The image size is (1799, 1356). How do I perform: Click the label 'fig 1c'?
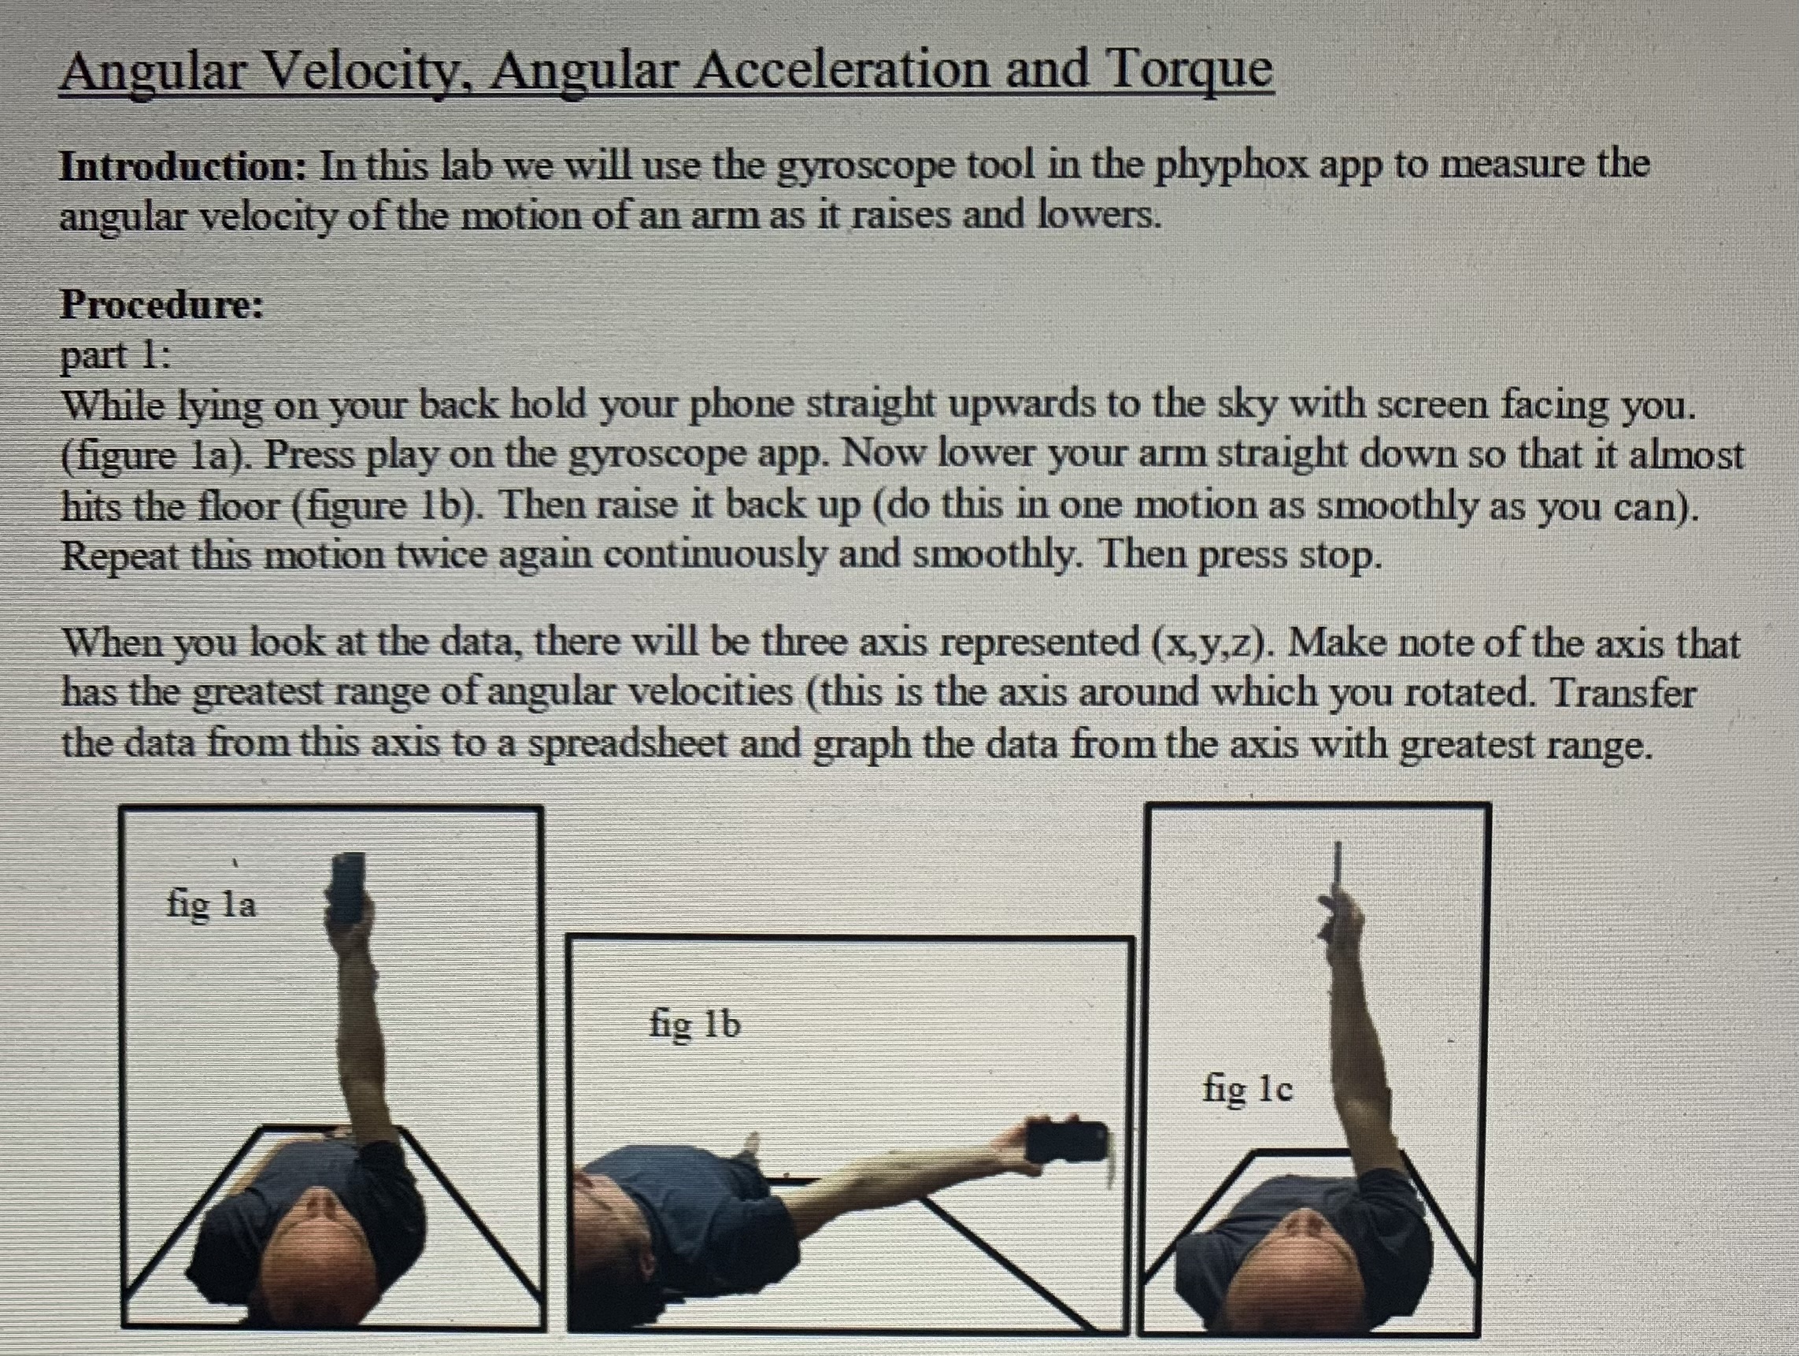click(1247, 1087)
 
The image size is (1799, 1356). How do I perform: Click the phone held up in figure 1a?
click(348, 888)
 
